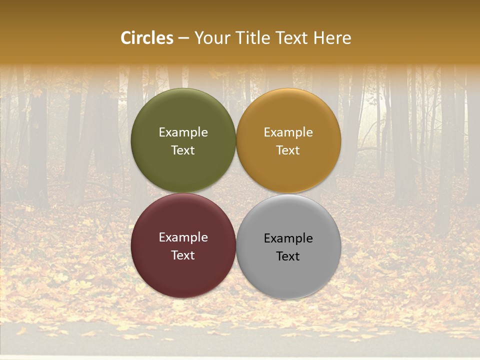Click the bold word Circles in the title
click(146, 38)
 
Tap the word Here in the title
click(332, 38)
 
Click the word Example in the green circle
click(183, 132)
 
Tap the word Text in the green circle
click(183, 150)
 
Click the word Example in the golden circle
click(288, 132)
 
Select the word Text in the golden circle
click(288, 150)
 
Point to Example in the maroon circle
click(183, 237)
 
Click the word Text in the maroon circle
click(183, 255)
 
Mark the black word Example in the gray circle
click(288, 238)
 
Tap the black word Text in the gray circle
click(288, 256)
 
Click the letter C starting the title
click(126, 38)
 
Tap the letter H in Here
click(319, 38)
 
